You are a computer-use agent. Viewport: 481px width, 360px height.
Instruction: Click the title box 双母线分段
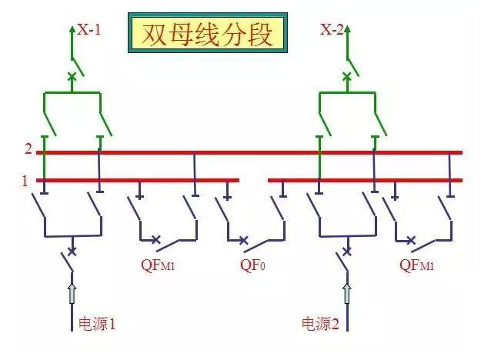[x=207, y=33]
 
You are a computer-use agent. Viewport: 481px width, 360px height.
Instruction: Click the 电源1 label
[x=98, y=323]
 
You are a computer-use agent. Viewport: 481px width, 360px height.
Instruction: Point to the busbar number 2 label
[x=28, y=149]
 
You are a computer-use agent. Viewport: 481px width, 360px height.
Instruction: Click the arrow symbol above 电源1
[x=72, y=292]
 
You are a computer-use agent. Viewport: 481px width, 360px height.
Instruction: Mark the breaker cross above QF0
[x=244, y=241]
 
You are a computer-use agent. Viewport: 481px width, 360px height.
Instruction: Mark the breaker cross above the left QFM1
[x=156, y=240]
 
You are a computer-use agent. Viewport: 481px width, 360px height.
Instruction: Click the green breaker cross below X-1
[x=72, y=75]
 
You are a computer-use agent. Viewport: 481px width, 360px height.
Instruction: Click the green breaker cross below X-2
[x=347, y=75]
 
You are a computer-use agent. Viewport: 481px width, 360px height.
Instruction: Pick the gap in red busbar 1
[x=253, y=181]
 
